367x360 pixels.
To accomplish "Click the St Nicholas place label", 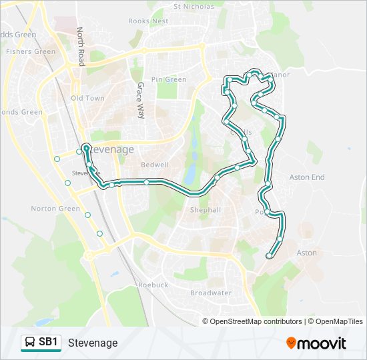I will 194,7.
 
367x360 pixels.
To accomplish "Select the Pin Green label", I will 169,79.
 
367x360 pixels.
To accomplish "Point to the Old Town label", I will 87,98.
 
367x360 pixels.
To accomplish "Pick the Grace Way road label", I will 140,100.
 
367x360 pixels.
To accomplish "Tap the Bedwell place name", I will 155,164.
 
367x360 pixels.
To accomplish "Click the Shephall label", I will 205,209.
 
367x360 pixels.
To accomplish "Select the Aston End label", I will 307,177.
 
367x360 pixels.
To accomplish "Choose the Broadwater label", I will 211,293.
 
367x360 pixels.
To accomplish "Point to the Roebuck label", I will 153,285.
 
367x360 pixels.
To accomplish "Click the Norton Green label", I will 55,209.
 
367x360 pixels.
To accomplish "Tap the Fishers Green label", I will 31,51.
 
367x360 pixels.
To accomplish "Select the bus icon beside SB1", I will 31,343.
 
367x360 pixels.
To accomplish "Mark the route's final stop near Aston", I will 269,255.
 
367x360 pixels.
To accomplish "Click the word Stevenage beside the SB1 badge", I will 93,343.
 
